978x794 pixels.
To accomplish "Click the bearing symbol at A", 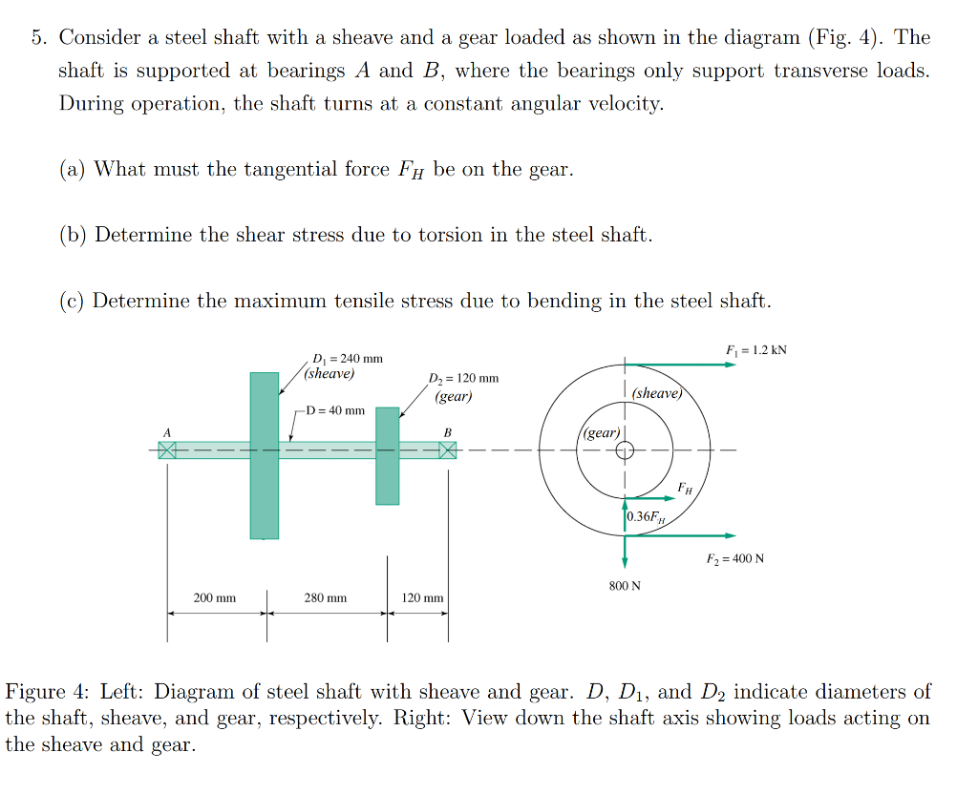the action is click(167, 449).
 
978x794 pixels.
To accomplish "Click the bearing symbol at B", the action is click(447, 449).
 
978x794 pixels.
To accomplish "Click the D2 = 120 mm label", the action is click(464, 379).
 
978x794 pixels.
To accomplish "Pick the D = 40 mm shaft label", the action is click(334, 410).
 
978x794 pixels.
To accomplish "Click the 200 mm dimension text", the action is click(215, 598).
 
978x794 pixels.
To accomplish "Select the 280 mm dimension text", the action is click(326, 598).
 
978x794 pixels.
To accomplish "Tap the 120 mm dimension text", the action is click(422, 598).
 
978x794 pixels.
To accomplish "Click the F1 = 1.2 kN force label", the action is click(756, 350).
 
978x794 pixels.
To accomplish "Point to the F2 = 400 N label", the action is click(734, 558).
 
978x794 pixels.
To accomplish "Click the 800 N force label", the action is click(625, 585).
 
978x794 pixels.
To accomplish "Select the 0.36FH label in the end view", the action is click(648, 517).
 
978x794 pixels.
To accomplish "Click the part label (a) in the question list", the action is click(73, 170).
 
